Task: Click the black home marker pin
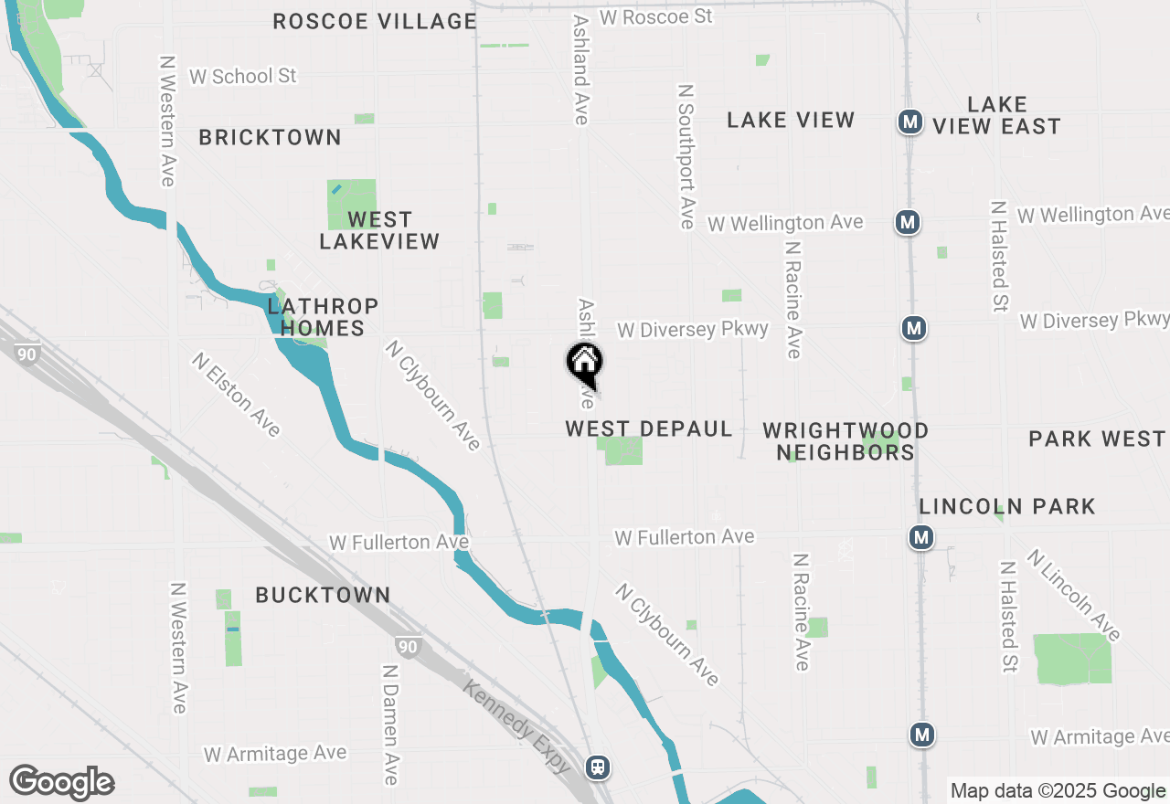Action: [x=584, y=363]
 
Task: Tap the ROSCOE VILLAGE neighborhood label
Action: [x=375, y=21]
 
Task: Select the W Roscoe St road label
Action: [x=655, y=16]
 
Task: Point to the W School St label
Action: [x=243, y=76]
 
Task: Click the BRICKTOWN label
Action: [x=271, y=137]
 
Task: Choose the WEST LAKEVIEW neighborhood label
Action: [x=379, y=230]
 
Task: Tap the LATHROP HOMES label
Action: [x=323, y=317]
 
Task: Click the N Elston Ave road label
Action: [x=236, y=395]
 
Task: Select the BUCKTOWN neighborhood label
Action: [x=323, y=595]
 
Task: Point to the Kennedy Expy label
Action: [x=517, y=726]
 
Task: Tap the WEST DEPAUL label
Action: [x=649, y=428]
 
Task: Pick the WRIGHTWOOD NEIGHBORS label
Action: [x=846, y=440]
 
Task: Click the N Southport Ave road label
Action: [x=686, y=156]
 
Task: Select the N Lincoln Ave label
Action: [x=1073, y=595]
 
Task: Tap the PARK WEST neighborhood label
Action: [x=1096, y=439]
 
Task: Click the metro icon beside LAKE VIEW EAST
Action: [x=909, y=122]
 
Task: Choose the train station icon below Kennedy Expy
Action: [x=598, y=767]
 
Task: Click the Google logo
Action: [x=61, y=783]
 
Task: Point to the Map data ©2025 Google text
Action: [x=1058, y=791]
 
